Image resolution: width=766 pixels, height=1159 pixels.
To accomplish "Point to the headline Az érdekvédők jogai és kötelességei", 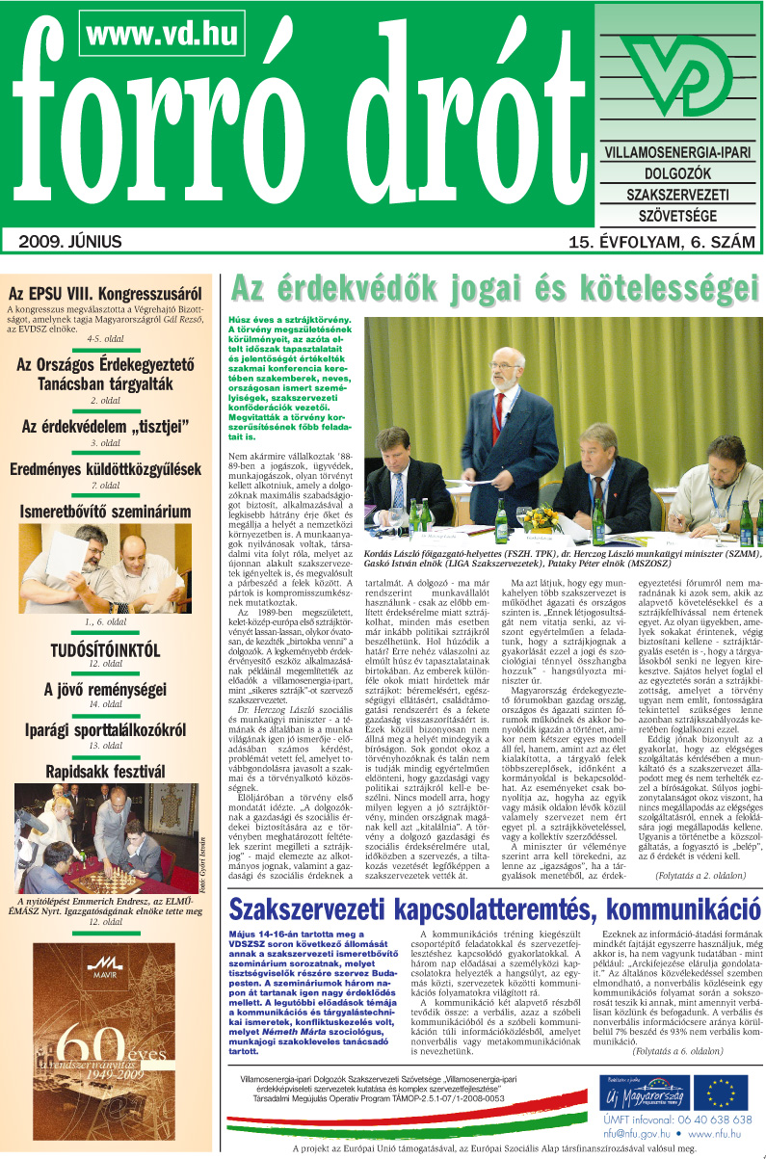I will [x=490, y=290].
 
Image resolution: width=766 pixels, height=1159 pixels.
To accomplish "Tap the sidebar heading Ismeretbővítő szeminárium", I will [x=105, y=512].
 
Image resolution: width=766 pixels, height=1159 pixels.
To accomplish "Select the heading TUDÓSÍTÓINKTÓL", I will [x=105, y=650].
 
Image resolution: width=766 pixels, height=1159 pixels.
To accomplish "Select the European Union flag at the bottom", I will [x=724, y=1093].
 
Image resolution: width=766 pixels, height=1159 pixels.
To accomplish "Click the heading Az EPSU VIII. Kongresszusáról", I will [x=105, y=294].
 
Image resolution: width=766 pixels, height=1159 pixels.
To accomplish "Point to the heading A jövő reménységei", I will [x=105, y=691].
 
